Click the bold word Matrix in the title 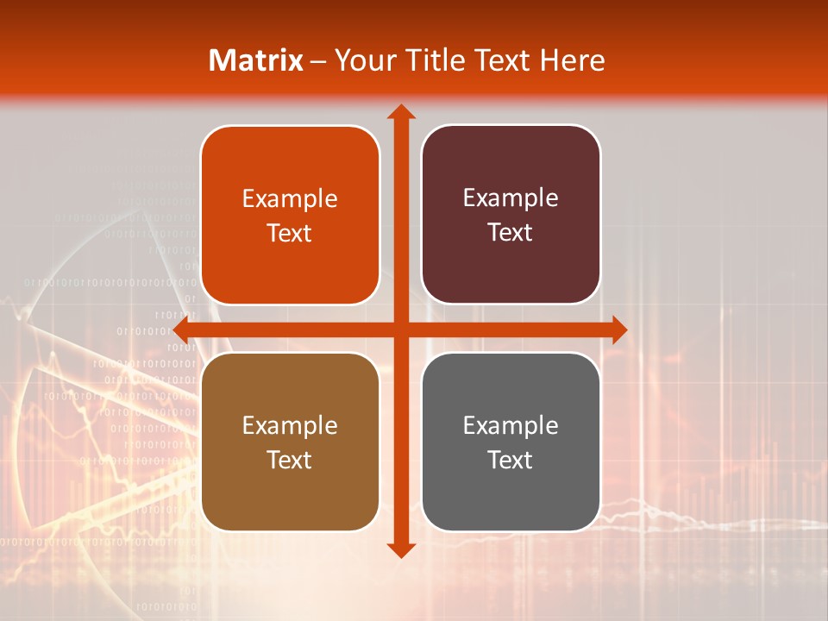click(256, 60)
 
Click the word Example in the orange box click(290, 198)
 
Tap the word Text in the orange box click(290, 233)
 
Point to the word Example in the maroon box click(511, 198)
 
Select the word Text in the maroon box click(511, 232)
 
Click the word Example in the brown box click(290, 425)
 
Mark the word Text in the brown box click(290, 460)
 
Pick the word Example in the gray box click(511, 425)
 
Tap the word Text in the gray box click(511, 460)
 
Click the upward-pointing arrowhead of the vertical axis click(400, 112)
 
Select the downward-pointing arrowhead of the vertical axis click(400, 549)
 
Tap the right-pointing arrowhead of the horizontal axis click(618, 329)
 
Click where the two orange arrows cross click(400, 329)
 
